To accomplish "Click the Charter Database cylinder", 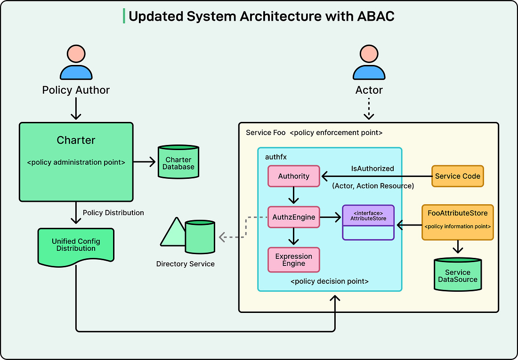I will coord(178,162).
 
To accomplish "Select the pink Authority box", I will coord(294,176).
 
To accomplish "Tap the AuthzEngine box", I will coord(294,217).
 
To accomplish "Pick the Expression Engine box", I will coord(294,260).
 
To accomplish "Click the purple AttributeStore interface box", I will coord(368,222).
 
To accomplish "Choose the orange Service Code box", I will coord(457,176).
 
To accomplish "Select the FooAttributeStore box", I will coord(457,222).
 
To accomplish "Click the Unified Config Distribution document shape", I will coord(76,245).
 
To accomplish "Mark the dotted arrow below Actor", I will coord(369,108).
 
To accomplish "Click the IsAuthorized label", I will coord(372,168).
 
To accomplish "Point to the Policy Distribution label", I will coord(113,213).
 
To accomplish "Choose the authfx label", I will coord(276,157).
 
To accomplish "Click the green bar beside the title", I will coord(124,16).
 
